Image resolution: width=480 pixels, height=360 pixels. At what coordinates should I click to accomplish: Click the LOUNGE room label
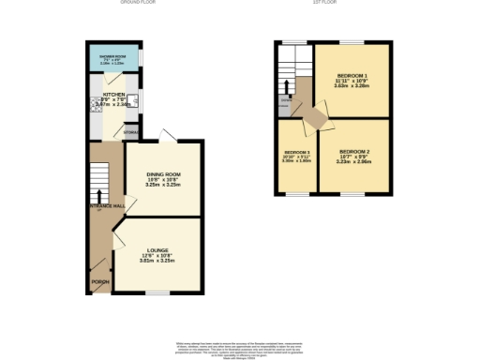(156, 250)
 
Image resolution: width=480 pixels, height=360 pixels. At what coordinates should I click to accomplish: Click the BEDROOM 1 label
(352, 75)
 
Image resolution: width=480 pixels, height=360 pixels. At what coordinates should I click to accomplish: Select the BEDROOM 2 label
(354, 152)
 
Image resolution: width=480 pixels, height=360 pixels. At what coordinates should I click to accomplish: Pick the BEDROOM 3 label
(296, 152)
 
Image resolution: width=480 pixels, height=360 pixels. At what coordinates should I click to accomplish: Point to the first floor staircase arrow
(287, 89)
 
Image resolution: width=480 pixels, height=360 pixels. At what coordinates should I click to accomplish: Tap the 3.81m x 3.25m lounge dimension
(156, 262)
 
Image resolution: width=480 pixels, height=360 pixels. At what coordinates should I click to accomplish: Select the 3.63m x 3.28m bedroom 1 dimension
(352, 87)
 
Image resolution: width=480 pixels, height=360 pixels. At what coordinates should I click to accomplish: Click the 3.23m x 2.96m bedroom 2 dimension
(354, 163)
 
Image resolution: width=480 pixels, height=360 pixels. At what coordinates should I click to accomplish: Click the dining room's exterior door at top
(166, 139)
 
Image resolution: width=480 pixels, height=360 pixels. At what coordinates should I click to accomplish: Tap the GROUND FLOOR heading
(138, 3)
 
